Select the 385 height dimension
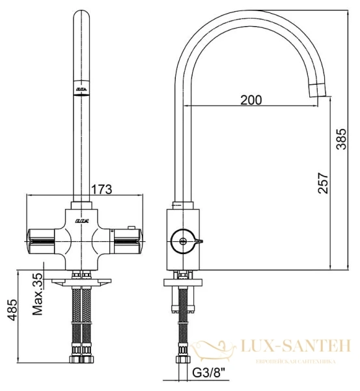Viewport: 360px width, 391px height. [x=340, y=138]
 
